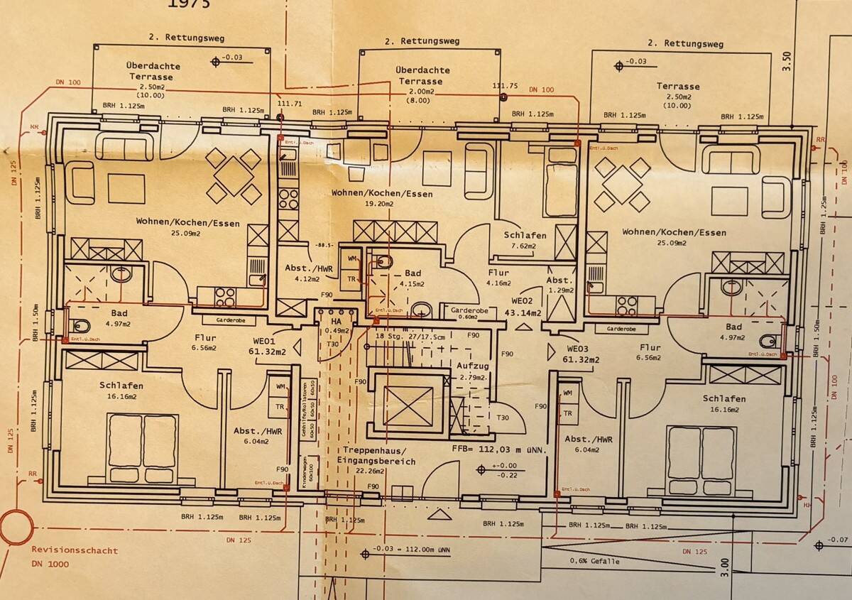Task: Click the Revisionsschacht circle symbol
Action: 16,527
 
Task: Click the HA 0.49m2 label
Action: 331,326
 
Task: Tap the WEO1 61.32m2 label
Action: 267,346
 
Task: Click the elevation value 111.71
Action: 290,103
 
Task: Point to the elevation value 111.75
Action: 505,86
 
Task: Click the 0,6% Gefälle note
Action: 594,561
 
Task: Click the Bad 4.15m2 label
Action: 413,278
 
